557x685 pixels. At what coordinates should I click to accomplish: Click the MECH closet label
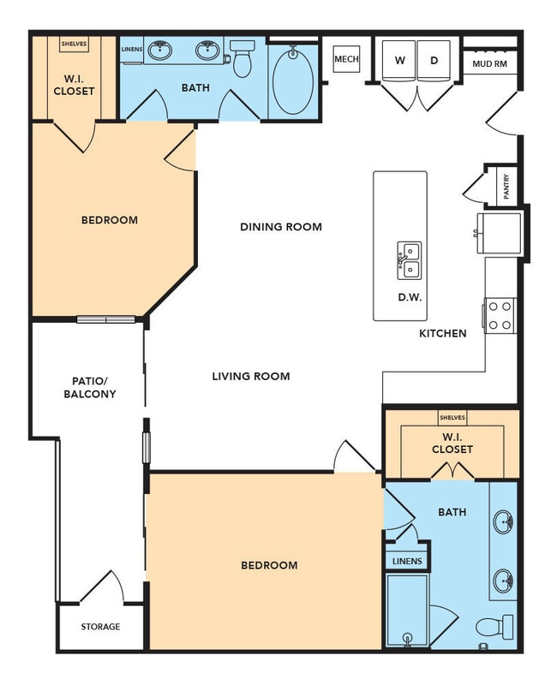pyautogui.click(x=346, y=59)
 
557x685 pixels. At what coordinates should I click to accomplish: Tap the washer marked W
pyautogui.click(x=399, y=61)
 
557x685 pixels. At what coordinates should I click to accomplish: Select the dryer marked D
pyautogui.click(x=434, y=61)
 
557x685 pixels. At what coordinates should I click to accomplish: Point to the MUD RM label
pyautogui.click(x=489, y=62)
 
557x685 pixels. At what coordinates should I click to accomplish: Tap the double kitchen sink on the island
pyautogui.click(x=409, y=260)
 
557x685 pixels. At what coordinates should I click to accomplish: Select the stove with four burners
pyautogui.click(x=500, y=313)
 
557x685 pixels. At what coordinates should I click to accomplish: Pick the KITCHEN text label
pyautogui.click(x=443, y=333)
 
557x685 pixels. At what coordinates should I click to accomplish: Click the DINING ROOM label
pyautogui.click(x=281, y=227)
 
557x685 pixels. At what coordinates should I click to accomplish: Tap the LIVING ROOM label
pyautogui.click(x=251, y=376)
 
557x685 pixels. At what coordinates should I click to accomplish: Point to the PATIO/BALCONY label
pyautogui.click(x=89, y=388)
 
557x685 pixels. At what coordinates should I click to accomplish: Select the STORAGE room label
pyautogui.click(x=100, y=627)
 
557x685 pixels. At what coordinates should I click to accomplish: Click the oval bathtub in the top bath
pyautogui.click(x=293, y=81)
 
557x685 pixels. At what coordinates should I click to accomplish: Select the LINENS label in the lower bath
pyautogui.click(x=407, y=561)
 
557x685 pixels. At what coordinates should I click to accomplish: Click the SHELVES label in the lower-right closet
pyautogui.click(x=452, y=418)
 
